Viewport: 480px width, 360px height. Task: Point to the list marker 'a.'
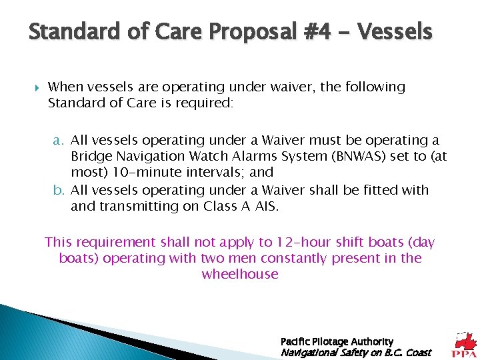pos(59,141)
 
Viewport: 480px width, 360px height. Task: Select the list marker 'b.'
pos(59,191)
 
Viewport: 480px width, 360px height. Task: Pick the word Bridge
pos(91,157)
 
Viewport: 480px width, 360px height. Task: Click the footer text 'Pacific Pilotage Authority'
pos(337,341)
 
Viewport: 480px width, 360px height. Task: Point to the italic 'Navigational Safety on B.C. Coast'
pos(356,352)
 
